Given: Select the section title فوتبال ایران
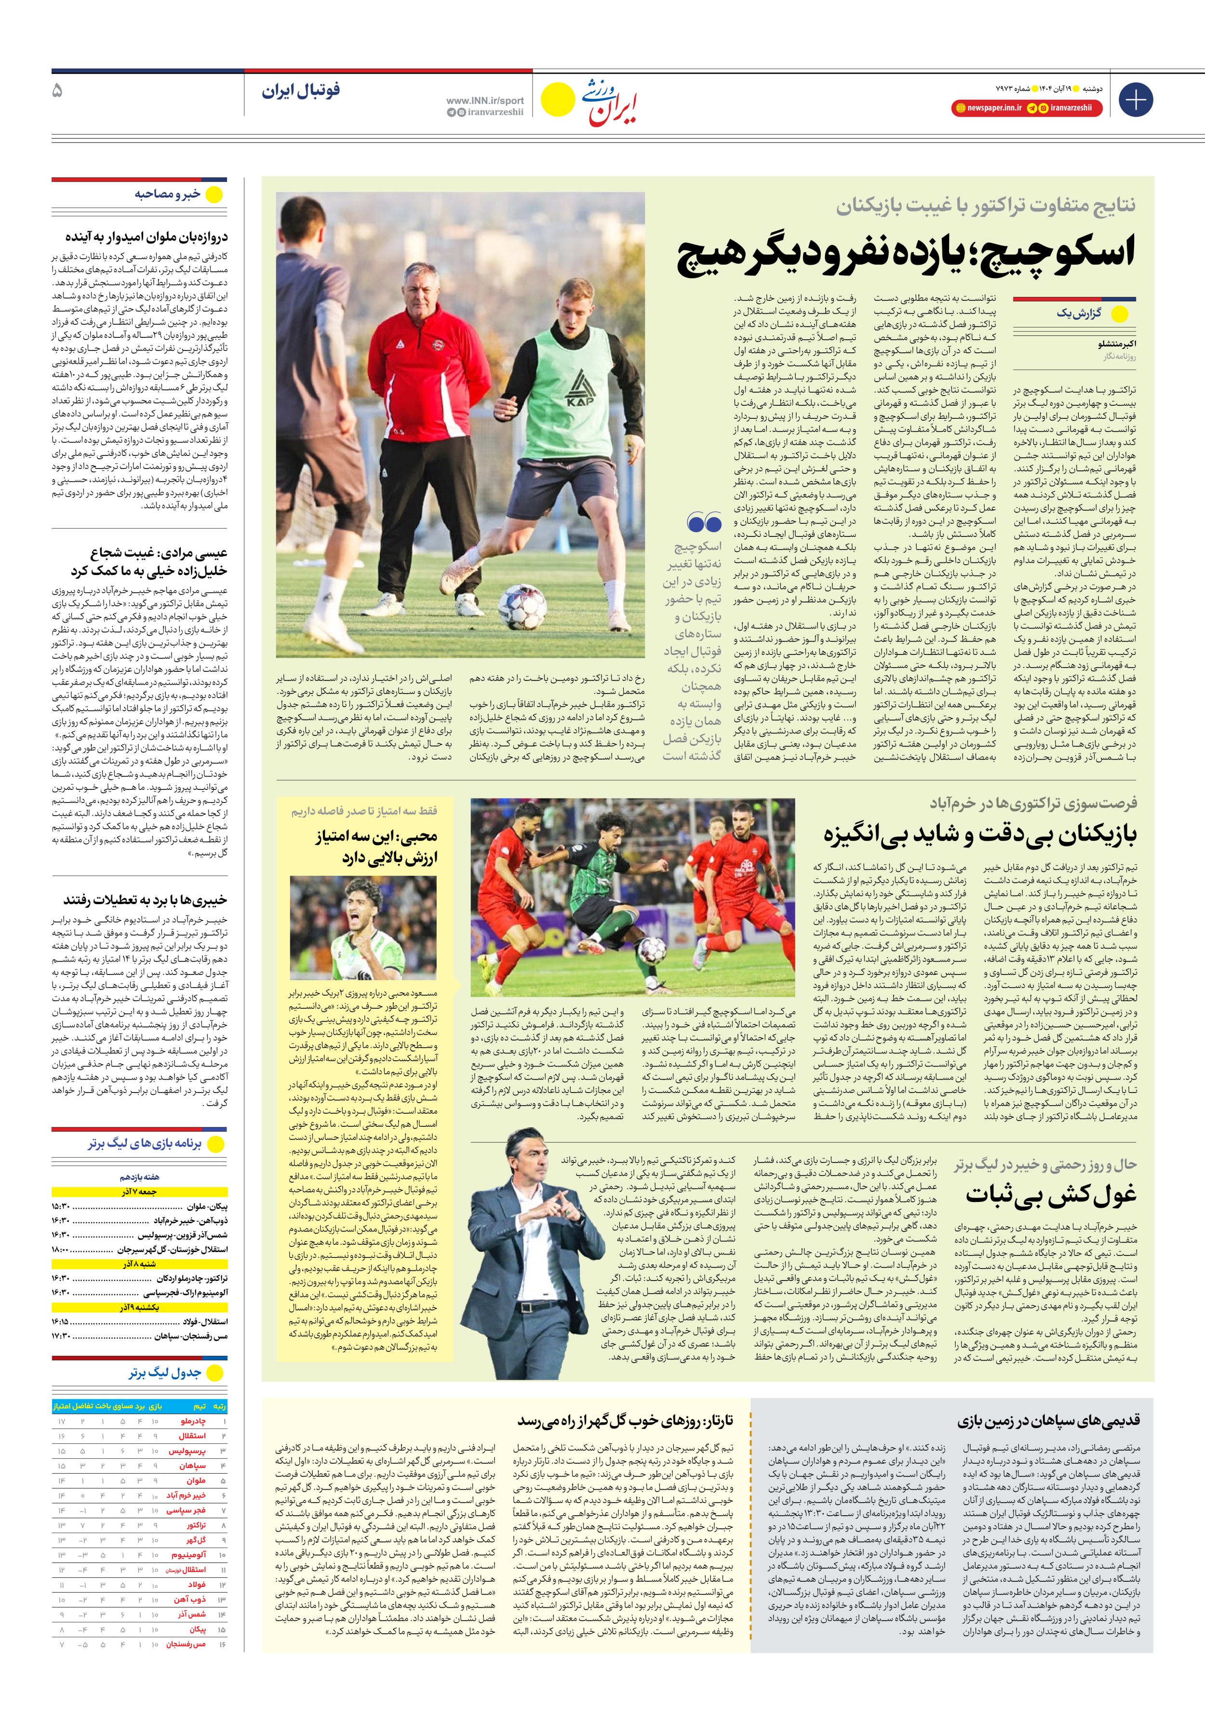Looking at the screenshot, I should pyautogui.click(x=301, y=91).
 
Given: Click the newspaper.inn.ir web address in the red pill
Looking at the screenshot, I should pyautogui.click(x=993, y=108).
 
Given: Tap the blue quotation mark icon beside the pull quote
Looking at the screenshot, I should pyautogui.click(x=704, y=522).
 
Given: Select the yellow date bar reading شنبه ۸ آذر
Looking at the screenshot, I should pyautogui.click(x=139, y=1264).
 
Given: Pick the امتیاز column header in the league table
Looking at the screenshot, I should pyautogui.click(x=62, y=1406).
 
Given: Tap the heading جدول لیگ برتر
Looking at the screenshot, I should pyautogui.click(x=165, y=1373).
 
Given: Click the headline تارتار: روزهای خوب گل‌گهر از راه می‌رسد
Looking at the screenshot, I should pyautogui.click(x=625, y=1420).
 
